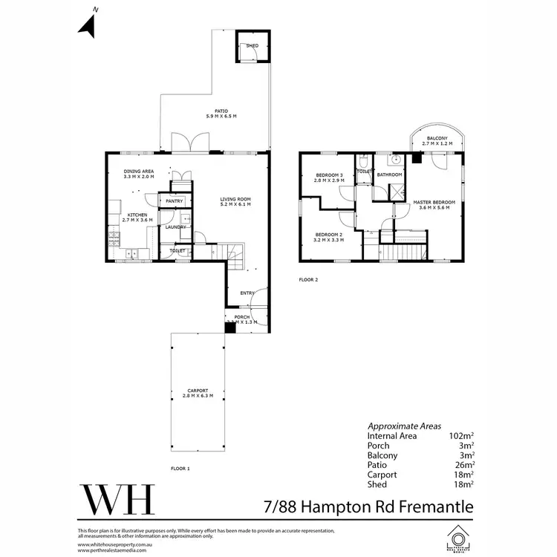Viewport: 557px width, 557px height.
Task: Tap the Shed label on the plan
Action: (252, 46)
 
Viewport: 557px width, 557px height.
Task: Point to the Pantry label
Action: (175, 201)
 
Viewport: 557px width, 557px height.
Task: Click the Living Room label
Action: (235, 201)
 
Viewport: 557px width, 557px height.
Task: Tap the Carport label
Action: (198, 393)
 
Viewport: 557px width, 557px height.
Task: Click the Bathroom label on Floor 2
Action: (389, 175)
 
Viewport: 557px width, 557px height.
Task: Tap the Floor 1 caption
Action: (180, 469)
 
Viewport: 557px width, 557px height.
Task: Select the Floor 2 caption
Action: (307, 280)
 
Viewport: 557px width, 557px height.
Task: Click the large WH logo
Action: (117, 500)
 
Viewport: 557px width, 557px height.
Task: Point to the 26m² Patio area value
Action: (463, 465)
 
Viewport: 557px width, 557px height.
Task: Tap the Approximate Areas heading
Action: (405, 426)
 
